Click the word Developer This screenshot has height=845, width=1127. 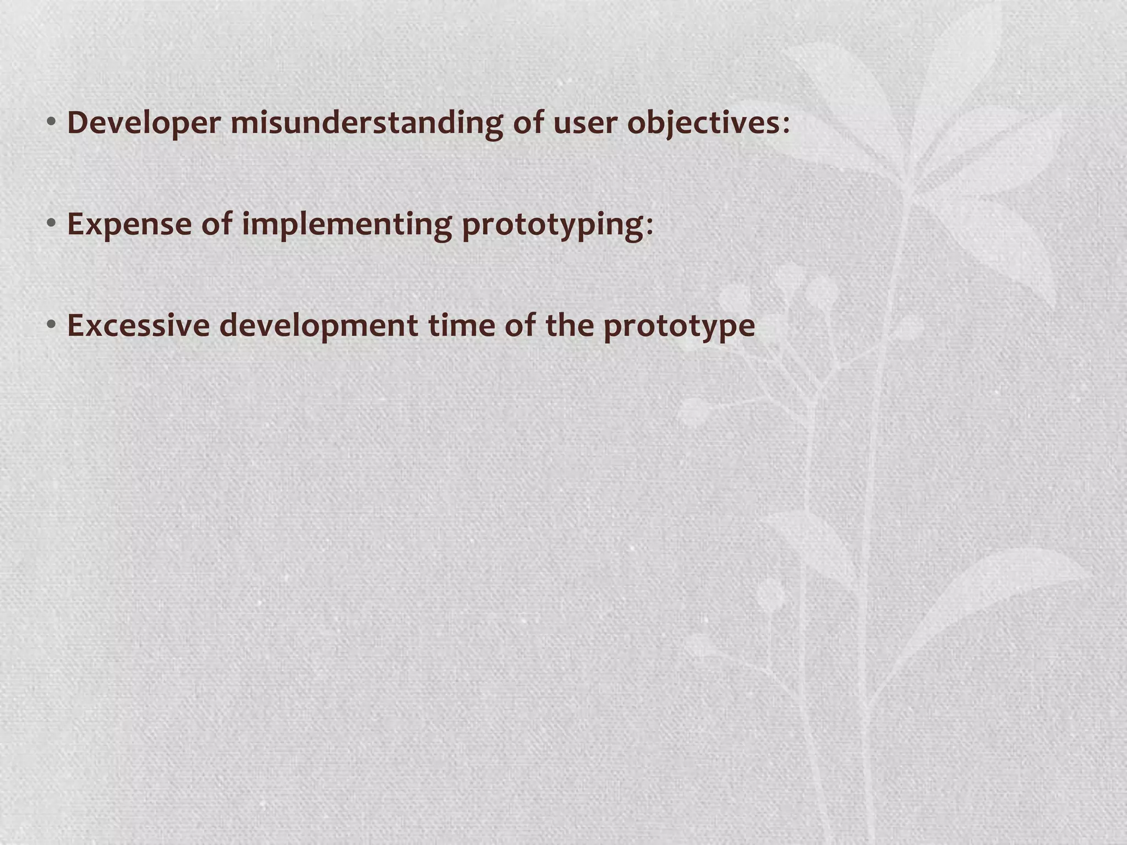pos(144,123)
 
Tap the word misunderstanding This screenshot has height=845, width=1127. pos(366,123)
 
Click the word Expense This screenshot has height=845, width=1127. pos(129,224)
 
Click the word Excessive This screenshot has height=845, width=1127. pos(138,326)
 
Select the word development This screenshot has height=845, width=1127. pos(319,326)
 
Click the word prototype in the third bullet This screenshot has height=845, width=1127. pos(679,326)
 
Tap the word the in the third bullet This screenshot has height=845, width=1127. pos(569,326)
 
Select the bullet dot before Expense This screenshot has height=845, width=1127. pos(51,224)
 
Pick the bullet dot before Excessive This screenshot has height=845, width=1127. pos(51,325)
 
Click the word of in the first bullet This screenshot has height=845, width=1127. pos(528,123)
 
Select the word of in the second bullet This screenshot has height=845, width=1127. pos(216,224)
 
